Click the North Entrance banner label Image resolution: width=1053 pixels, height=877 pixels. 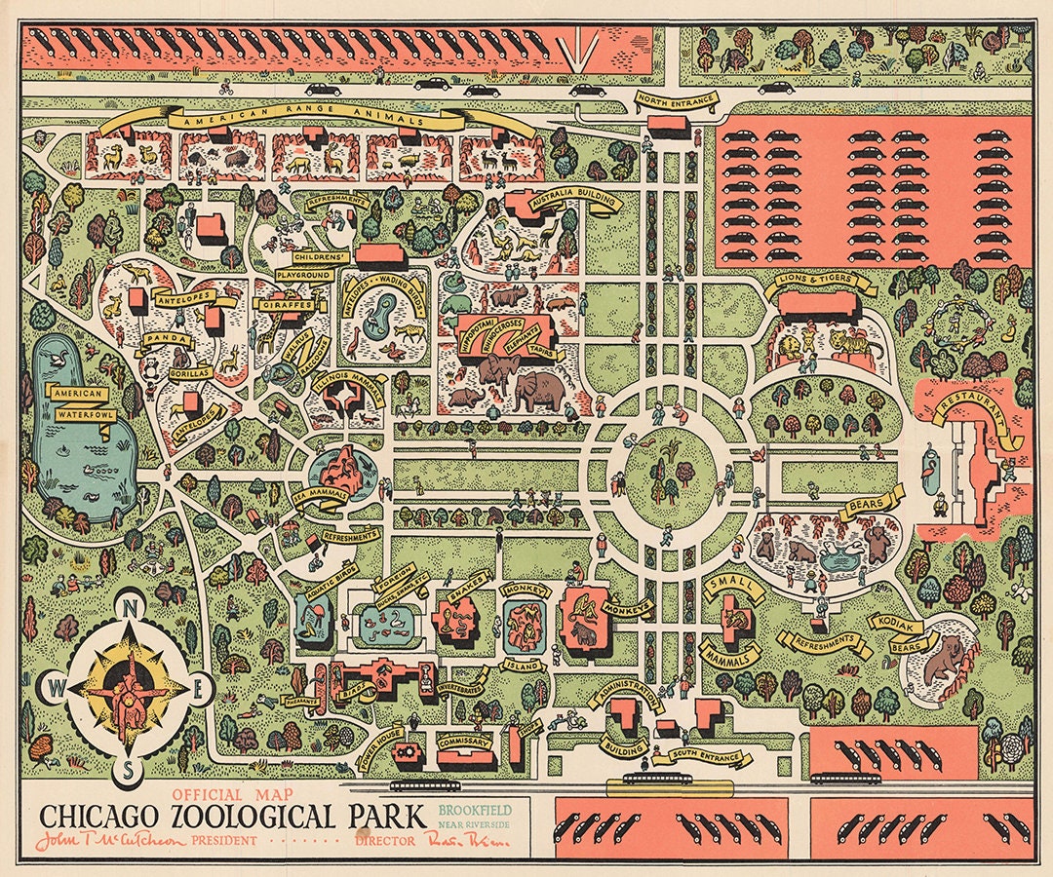(x=676, y=99)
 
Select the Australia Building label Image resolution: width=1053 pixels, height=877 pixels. (x=576, y=198)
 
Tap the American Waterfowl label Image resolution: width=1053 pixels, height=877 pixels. (x=80, y=401)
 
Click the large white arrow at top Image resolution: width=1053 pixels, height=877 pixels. (x=585, y=49)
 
